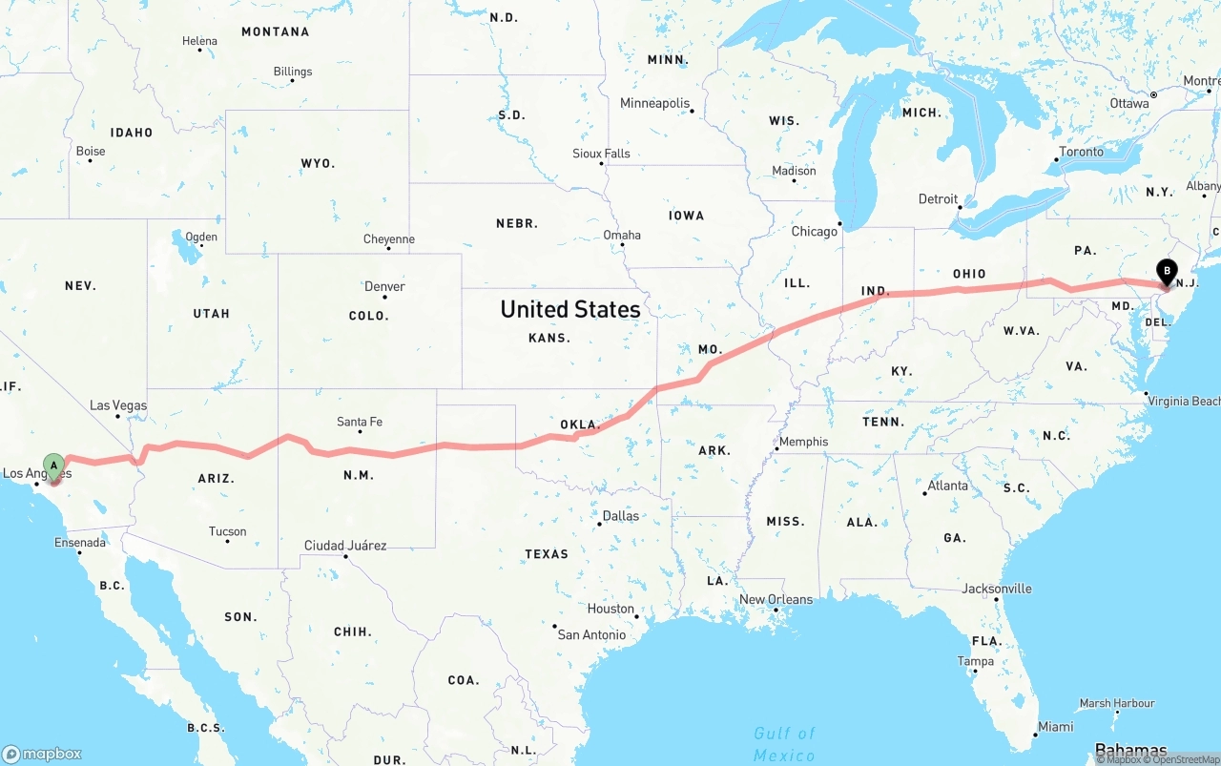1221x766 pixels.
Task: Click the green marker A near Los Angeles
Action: (54, 466)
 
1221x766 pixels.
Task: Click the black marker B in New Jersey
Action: (1166, 271)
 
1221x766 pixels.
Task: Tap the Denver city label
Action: (384, 286)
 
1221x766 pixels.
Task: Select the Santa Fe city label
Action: (360, 422)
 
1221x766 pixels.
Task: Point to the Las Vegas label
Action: (118, 405)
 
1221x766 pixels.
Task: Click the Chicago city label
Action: (813, 232)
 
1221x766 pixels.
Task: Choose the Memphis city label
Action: (803, 442)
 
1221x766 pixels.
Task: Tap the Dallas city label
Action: (620, 515)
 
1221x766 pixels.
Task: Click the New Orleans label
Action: (776, 599)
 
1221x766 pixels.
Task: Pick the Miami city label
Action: (1055, 726)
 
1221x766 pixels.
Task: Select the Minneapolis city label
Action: (654, 103)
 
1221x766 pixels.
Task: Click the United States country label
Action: (570, 309)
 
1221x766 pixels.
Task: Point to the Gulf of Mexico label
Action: (784, 744)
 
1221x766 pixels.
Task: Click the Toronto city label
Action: (1081, 152)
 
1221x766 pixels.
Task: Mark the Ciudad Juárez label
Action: (345, 546)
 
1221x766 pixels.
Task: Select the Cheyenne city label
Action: (389, 239)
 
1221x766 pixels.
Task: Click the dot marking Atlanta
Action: (925, 493)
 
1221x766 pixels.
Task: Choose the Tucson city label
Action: (227, 531)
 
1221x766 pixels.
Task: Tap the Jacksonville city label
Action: (996, 589)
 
